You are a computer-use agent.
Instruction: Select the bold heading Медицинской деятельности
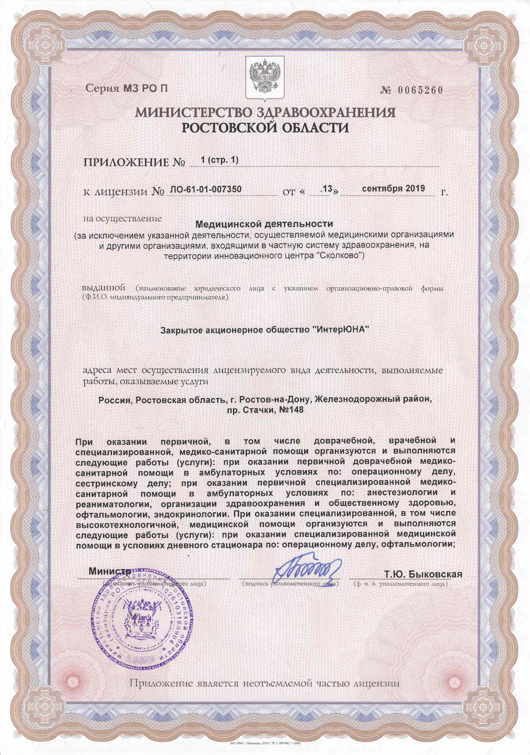point(264,224)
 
